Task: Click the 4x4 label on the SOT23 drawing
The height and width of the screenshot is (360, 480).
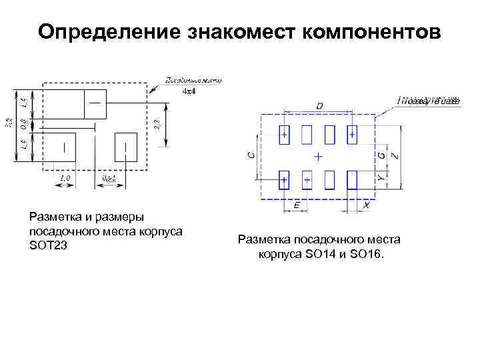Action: coord(189,93)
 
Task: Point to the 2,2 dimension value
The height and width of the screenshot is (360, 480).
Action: coord(157,124)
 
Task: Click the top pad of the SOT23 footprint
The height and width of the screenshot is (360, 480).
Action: coord(95,103)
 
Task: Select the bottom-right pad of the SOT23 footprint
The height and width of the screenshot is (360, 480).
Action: coord(125,147)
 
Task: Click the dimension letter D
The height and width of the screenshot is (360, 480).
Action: coord(319,106)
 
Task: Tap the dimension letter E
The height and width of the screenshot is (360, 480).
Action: coord(296,207)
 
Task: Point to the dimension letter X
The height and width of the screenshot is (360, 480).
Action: coord(366,207)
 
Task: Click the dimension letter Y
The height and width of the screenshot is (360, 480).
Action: coord(381,179)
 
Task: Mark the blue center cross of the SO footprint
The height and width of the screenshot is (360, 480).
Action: coord(318,157)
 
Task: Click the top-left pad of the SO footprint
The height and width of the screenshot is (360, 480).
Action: coord(285,135)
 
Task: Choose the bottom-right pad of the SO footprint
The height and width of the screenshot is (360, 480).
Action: coord(352,179)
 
